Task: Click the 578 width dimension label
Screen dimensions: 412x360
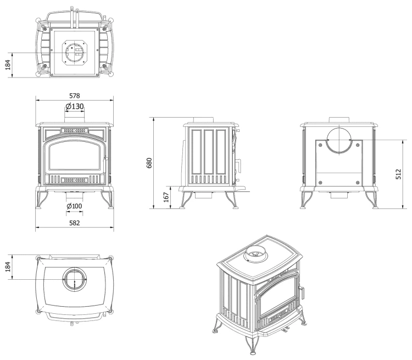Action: click(x=74, y=96)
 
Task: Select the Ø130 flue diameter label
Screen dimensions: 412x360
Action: click(x=75, y=107)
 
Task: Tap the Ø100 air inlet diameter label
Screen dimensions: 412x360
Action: click(x=74, y=206)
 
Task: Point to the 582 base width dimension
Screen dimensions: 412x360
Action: click(x=74, y=223)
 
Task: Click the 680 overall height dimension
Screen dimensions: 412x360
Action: click(x=149, y=163)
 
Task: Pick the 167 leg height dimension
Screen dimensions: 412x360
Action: click(x=166, y=197)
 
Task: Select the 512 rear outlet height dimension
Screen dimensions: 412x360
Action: click(x=399, y=174)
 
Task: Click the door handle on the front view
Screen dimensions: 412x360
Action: click(x=105, y=165)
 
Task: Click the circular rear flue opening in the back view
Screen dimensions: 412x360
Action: click(x=339, y=140)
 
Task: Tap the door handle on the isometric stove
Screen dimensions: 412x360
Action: click(x=303, y=293)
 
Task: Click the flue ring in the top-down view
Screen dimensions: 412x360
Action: click(x=75, y=279)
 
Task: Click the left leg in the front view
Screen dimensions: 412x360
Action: click(x=42, y=200)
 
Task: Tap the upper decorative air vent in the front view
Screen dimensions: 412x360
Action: click(x=75, y=130)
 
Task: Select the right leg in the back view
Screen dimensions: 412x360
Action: click(x=371, y=200)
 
